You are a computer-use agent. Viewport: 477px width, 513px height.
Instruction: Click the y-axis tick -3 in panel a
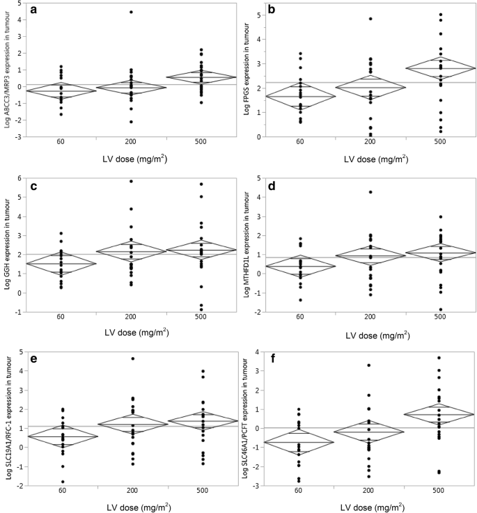(x=17, y=137)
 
